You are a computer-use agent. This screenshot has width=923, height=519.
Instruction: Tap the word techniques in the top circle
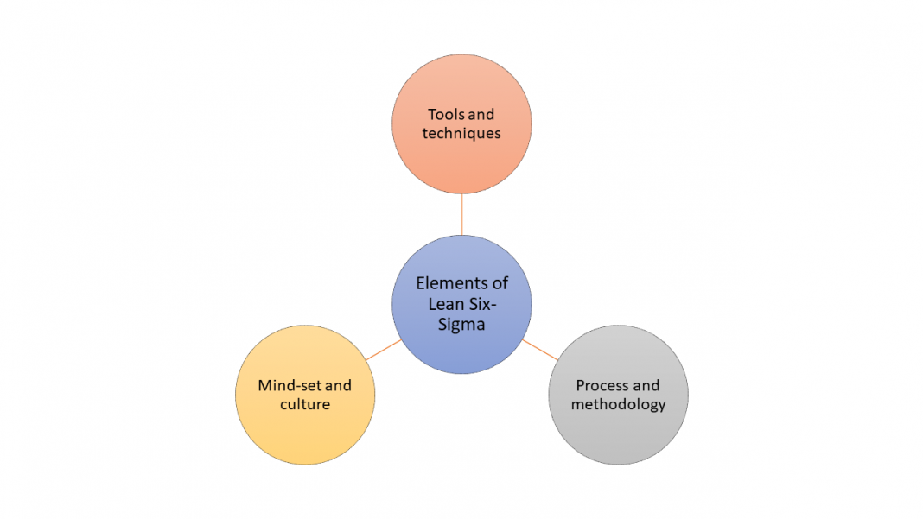point(461,134)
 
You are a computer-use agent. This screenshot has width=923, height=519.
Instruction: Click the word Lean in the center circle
point(445,304)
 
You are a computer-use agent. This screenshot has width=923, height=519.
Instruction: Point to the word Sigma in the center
point(461,325)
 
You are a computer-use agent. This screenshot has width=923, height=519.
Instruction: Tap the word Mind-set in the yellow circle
point(284,385)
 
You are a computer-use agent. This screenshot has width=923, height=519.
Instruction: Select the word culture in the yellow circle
point(304,404)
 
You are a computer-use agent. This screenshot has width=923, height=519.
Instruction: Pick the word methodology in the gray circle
point(618,404)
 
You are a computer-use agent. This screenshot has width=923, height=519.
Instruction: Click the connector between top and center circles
point(461,214)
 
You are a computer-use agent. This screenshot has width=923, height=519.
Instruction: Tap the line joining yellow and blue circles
point(383,350)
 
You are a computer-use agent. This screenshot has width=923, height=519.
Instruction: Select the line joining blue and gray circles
point(540,350)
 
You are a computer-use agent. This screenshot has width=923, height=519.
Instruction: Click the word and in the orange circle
point(481,115)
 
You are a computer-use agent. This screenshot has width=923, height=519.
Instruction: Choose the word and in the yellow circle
point(338,385)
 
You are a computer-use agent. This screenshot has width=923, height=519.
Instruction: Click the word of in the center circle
point(500,283)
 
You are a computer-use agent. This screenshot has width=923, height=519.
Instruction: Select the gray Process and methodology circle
point(618,436)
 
